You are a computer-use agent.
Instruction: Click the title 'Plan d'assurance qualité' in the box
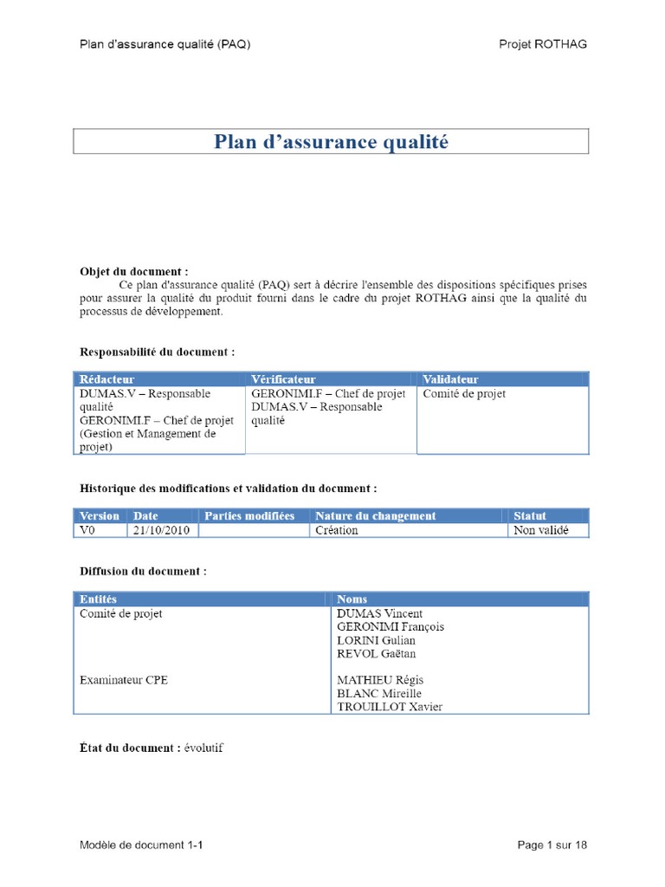(x=332, y=142)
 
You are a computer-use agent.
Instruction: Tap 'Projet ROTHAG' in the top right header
(x=542, y=44)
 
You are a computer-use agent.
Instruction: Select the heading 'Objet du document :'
(x=134, y=270)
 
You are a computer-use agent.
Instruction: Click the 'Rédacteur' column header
(x=107, y=379)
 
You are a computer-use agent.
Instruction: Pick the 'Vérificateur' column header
(x=283, y=379)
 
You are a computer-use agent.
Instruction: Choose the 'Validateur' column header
(x=450, y=379)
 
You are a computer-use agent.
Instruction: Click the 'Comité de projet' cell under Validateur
(x=464, y=394)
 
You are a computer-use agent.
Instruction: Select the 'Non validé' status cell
(x=540, y=530)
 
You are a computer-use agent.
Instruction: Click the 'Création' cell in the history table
(x=337, y=530)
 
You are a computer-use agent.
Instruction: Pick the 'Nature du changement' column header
(x=376, y=515)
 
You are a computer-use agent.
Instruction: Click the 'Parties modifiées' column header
(x=249, y=515)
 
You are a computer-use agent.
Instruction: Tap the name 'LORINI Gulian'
(x=376, y=640)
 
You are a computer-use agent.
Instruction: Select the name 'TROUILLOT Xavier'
(x=389, y=707)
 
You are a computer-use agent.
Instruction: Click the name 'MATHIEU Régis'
(x=380, y=680)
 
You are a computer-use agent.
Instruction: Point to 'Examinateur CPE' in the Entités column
(x=124, y=680)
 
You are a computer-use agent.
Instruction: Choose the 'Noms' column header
(x=352, y=599)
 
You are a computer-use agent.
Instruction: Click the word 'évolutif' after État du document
(x=203, y=748)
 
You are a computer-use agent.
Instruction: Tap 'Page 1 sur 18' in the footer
(x=552, y=845)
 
